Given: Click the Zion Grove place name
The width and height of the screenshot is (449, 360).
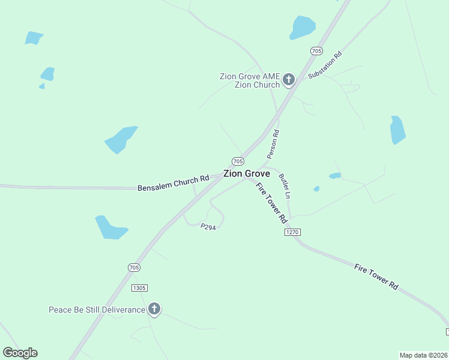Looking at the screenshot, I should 246,173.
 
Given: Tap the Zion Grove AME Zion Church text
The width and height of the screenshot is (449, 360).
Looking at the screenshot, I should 250,80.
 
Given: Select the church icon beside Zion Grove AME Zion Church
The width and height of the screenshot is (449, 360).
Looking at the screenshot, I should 288,79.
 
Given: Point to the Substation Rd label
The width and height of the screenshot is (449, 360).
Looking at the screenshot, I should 325,65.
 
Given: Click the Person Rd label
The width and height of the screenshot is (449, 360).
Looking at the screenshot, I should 273,144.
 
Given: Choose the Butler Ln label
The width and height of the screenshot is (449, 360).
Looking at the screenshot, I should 285,186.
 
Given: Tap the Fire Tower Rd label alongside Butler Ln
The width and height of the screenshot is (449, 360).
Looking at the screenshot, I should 272,203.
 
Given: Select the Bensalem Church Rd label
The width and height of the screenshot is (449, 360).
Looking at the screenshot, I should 173,182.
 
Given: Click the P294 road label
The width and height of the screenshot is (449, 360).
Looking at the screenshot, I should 208,227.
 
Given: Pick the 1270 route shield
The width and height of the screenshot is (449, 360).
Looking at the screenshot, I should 292,232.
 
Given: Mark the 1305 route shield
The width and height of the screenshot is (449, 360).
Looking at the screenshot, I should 139,288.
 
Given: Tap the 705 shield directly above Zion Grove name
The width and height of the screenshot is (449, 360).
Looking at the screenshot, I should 238,161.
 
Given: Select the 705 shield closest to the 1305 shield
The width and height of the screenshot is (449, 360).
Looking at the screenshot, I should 134,267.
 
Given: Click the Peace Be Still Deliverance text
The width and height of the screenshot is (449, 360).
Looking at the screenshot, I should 97,310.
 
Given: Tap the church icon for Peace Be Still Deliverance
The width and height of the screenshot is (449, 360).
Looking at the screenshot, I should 154,309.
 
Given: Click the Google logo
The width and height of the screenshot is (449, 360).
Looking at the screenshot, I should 20,353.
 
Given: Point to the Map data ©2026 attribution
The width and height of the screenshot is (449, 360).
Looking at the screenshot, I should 423,355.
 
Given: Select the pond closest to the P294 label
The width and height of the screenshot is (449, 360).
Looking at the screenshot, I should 110,228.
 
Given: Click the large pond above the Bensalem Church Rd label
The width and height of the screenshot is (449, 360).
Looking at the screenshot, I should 121,139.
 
